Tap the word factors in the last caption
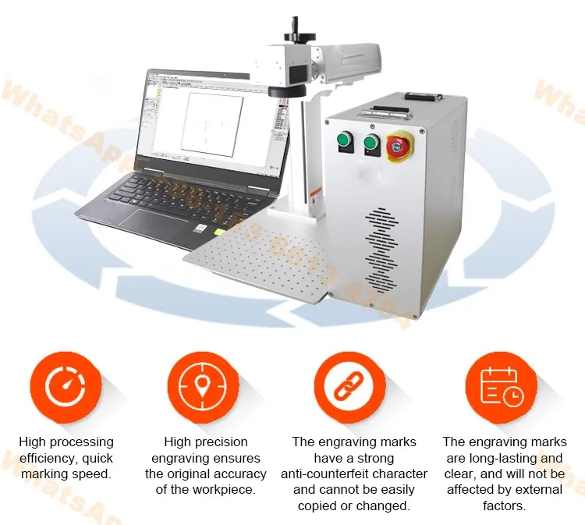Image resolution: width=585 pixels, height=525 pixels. [x=504, y=505]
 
